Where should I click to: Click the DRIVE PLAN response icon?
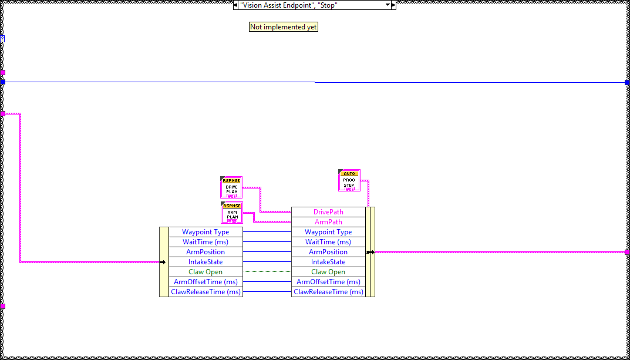coord(231,187)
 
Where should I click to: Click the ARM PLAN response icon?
coord(231,213)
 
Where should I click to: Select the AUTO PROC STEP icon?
coord(349,180)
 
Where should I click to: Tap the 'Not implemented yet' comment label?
coord(284,27)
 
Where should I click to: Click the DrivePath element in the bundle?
coord(328,212)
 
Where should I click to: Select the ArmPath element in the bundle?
coord(328,222)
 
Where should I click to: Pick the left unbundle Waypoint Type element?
coord(205,232)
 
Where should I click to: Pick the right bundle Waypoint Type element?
coord(328,232)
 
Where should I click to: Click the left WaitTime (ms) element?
coord(205,242)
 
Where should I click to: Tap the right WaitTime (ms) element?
coord(328,242)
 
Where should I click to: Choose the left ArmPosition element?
coord(205,252)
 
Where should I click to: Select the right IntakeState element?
coord(328,262)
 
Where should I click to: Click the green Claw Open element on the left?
coord(205,272)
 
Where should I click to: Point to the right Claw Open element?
coord(328,272)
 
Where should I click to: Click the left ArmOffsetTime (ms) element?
coord(205,282)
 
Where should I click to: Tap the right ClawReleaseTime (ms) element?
coord(328,292)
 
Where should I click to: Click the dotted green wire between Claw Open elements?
coord(267,272)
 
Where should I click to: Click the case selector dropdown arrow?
coord(388,5)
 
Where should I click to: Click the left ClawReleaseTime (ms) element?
coord(205,292)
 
